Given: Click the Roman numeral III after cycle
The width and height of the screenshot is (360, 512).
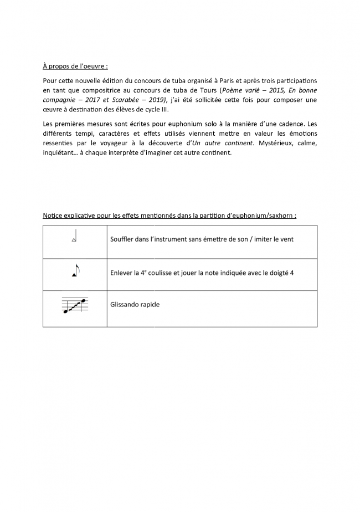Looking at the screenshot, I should point(164,110).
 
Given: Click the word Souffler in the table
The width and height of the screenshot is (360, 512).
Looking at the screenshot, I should point(124,239).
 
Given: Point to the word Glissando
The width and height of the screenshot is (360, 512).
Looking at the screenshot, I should point(127,304).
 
